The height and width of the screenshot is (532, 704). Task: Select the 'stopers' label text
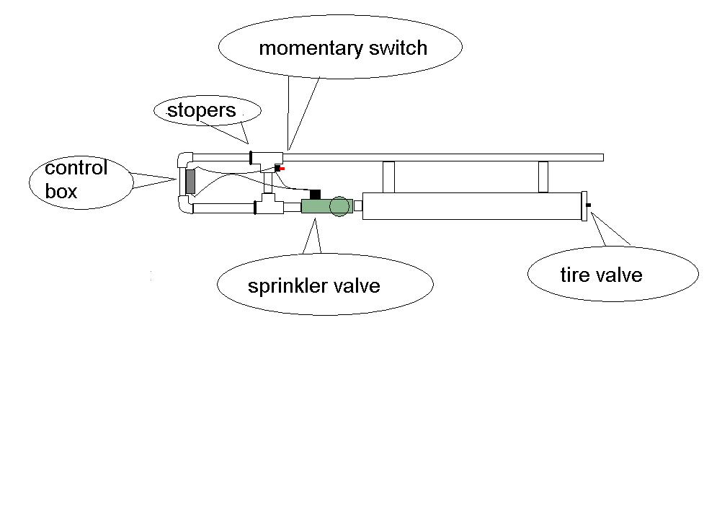[x=201, y=111]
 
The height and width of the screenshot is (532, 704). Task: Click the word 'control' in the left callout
[x=76, y=169]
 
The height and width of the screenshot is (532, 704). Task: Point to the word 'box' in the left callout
[x=61, y=192]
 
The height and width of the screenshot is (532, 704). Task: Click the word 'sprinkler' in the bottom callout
[x=285, y=286]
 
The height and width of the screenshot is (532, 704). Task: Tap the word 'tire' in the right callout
[x=574, y=275]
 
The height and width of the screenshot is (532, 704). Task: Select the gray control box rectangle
[x=190, y=182]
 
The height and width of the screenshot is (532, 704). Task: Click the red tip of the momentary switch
[x=282, y=169]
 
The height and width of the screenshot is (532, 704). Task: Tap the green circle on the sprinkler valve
[x=339, y=207]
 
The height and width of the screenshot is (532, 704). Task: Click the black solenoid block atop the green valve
[x=314, y=194]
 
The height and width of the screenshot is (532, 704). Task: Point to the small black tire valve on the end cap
[x=589, y=206]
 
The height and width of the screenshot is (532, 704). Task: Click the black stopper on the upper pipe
[x=250, y=157]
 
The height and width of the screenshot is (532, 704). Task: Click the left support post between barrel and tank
[x=388, y=177]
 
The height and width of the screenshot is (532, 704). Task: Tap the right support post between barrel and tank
[x=543, y=177]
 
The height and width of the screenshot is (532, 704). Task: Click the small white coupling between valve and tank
[x=357, y=206]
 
